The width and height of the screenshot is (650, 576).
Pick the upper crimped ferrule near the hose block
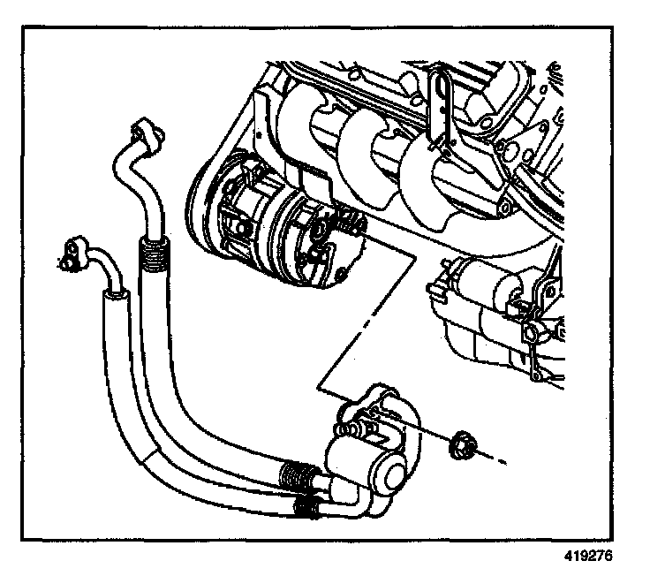click(297, 476)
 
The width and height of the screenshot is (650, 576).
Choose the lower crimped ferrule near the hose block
click(306, 507)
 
